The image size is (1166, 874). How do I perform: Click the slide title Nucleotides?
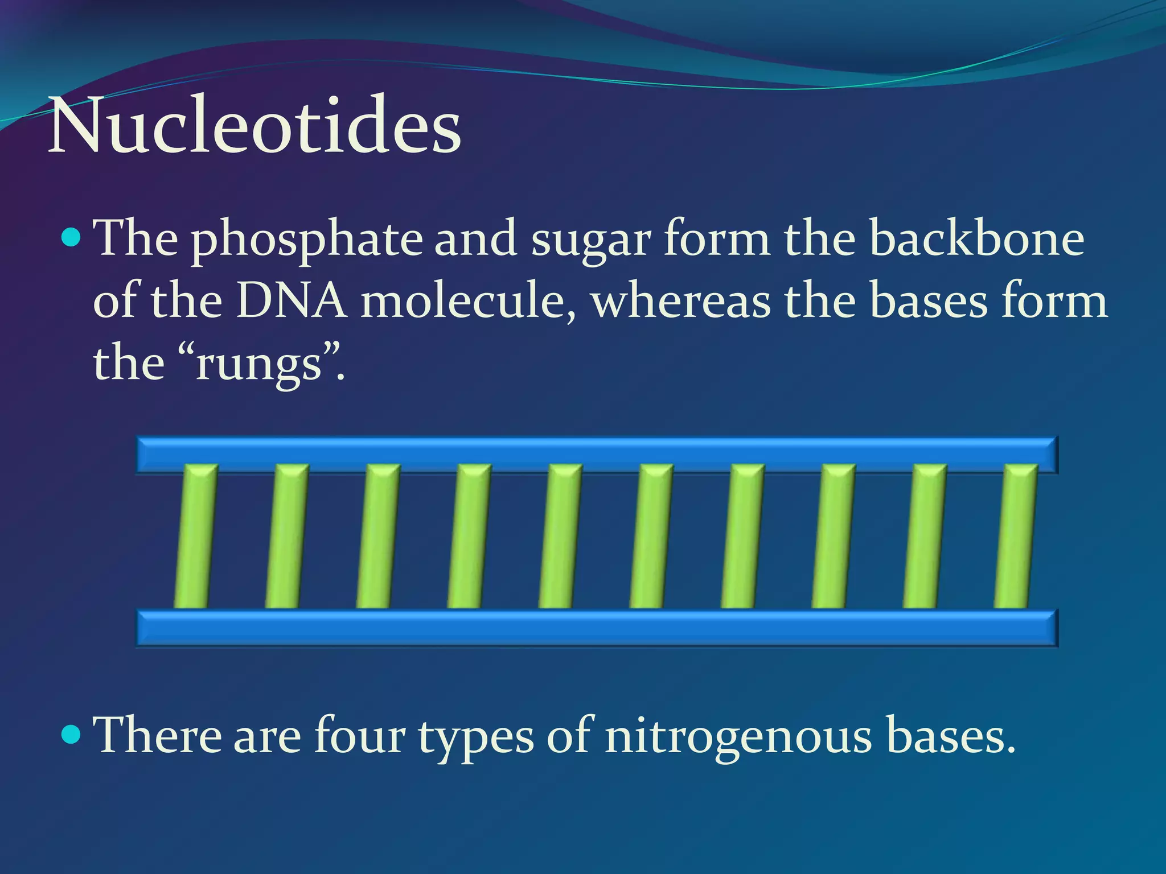254,126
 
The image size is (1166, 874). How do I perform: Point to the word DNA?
291,301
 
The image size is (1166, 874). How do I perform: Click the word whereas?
681,301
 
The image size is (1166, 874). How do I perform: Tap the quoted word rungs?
259,364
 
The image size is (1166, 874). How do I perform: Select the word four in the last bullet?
359,735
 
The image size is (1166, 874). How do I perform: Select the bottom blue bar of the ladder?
597,628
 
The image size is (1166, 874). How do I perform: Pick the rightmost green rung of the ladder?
1015,536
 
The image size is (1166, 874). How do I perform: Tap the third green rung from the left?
377,536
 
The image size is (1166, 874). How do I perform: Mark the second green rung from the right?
924,536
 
